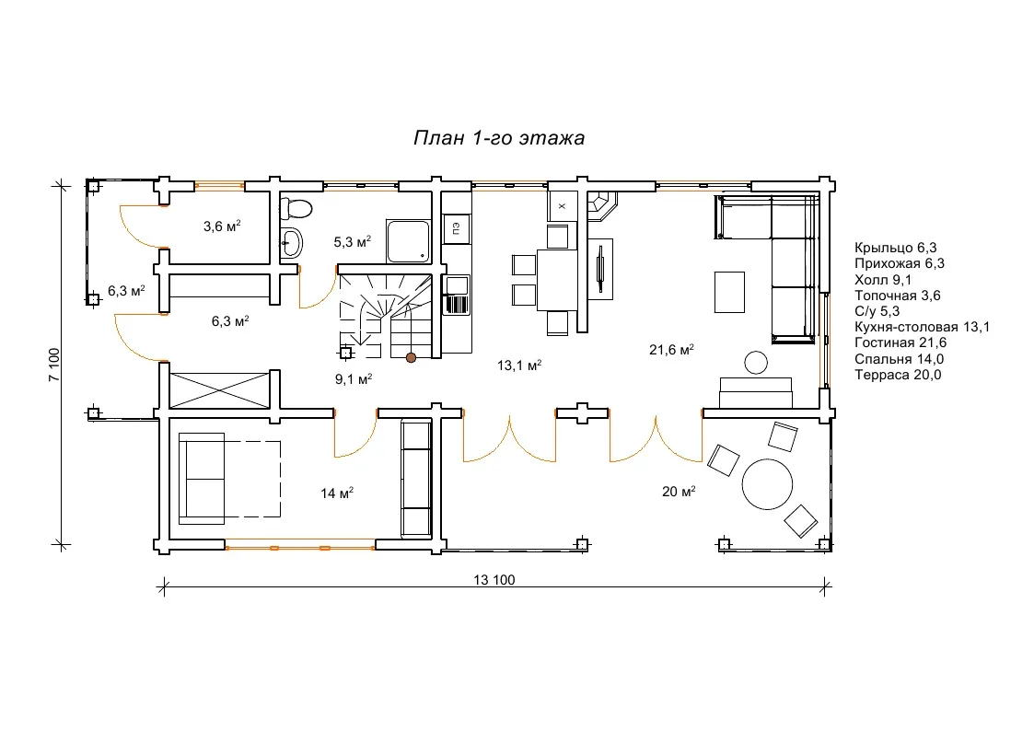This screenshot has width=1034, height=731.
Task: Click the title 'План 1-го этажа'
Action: click(x=498, y=138)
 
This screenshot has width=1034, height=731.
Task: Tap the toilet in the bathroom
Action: click(x=295, y=208)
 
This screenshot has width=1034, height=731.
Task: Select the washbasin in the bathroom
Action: click(x=290, y=243)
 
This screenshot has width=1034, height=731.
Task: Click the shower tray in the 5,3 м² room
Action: click(x=409, y=241)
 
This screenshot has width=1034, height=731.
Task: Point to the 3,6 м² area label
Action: click(x=222, y=226)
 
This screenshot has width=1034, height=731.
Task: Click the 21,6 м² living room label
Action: click(x=671, y=349)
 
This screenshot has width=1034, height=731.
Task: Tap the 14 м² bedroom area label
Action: click(x=337, y=493)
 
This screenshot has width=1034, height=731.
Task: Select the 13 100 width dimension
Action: click(x=494, y=579)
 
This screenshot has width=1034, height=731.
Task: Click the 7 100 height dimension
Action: click(x=54, y=365)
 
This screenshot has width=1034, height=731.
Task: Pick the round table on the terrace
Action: click(x=767, y=484)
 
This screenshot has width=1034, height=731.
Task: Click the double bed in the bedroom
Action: click(x=229, y=479)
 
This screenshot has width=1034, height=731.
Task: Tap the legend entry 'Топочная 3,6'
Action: click(x=898, y=296)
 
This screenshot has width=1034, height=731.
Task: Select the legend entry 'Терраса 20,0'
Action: click(x=898, y=375)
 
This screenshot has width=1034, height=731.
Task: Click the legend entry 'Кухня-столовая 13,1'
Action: click(x=922, y=327)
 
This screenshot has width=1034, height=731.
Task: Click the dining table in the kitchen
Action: click(x=557, y=280)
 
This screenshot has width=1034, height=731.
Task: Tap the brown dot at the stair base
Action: click(x=411, y=358)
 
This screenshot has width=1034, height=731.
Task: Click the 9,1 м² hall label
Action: click(x=354, y=379)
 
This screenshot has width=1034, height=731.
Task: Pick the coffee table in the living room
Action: click(x=729, y=292)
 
